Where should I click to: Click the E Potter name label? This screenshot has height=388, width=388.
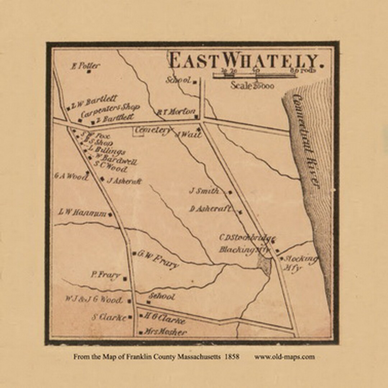tap(86, 65)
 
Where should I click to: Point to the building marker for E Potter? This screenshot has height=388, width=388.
tap(89, 71)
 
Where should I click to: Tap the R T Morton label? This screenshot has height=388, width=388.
tap(176, 112)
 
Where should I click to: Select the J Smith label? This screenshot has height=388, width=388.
tap(204, 191)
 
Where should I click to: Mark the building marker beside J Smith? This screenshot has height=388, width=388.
tap(230, 192)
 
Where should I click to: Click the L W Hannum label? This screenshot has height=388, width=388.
tap(83, 213)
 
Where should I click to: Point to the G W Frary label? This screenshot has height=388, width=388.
tap(158, 259)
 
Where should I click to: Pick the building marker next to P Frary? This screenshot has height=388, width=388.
tap(125, 279)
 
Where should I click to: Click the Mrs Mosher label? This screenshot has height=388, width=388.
tap(165, 332)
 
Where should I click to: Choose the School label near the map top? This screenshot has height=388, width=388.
tap(178, 80)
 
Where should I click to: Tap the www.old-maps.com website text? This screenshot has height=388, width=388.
tap(285, 357)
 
